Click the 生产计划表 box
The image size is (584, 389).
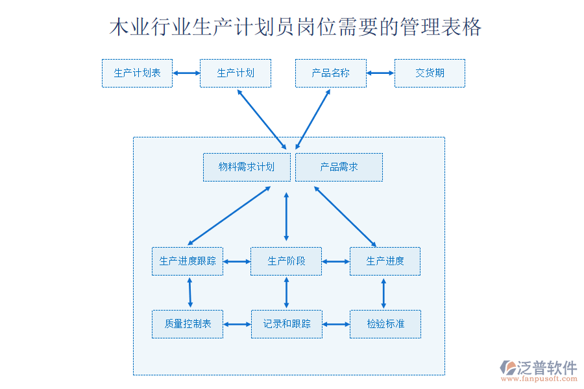(137, 73)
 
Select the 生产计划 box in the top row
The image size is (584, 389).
(235, 73)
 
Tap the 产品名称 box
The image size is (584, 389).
(331, 73)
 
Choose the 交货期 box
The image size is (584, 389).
(430, 73)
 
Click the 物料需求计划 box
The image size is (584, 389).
(247, 167)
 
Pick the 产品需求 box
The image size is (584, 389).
(339, 167)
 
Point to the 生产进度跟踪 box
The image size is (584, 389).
(188, 261)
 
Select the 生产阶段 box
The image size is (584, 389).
(286, 261)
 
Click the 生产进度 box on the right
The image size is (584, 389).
(385, 261)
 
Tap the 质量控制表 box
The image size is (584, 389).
(188, 324)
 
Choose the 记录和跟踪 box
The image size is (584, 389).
(286, 324)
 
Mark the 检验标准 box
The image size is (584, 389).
(385, 324)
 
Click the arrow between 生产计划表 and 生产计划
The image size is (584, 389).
(186, 73)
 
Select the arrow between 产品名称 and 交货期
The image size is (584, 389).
(380, 73)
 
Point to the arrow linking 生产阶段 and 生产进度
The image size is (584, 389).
(335, 262)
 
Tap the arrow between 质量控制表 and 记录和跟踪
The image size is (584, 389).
(237, 324)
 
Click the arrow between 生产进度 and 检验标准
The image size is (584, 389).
(383, 293)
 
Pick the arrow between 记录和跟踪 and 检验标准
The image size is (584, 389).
(335, 324)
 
